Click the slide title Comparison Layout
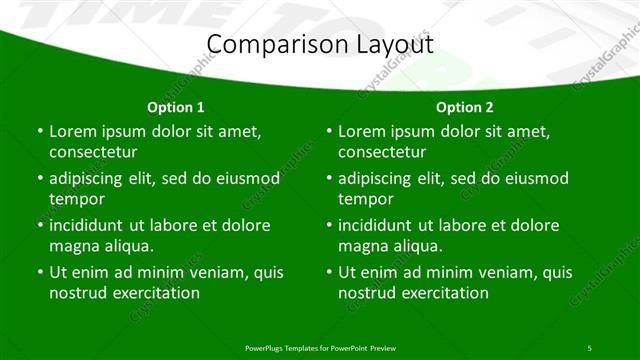tap(319, 45)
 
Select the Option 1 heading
tap(176, 107)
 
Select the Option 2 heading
tap(465, 107)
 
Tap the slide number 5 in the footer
tap(590, 346)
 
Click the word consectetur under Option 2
tap(382, 152)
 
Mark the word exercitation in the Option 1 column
tap(155, 293)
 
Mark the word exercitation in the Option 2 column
tap(444, 293)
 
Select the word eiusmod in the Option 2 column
tap(535, 179)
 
